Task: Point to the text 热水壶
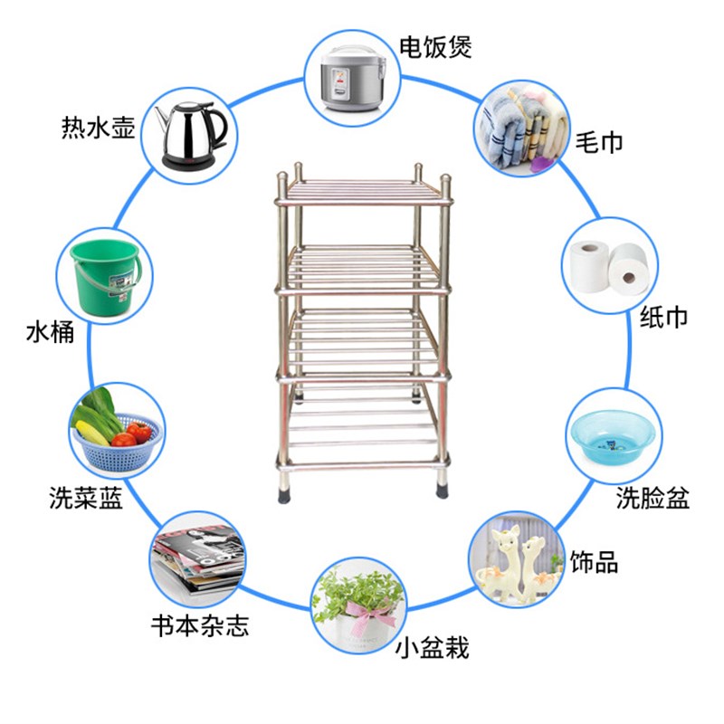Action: click(99, 127)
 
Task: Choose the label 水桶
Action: click(50, 333)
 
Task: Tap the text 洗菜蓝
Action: click(86, 498)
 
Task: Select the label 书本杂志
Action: click(200, 625)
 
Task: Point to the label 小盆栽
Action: click(433, 648)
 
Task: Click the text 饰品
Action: click(595, 562)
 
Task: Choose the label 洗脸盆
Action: click(653, 498)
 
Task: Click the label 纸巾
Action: click(663, 317)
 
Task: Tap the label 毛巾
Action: click(599, 142)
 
